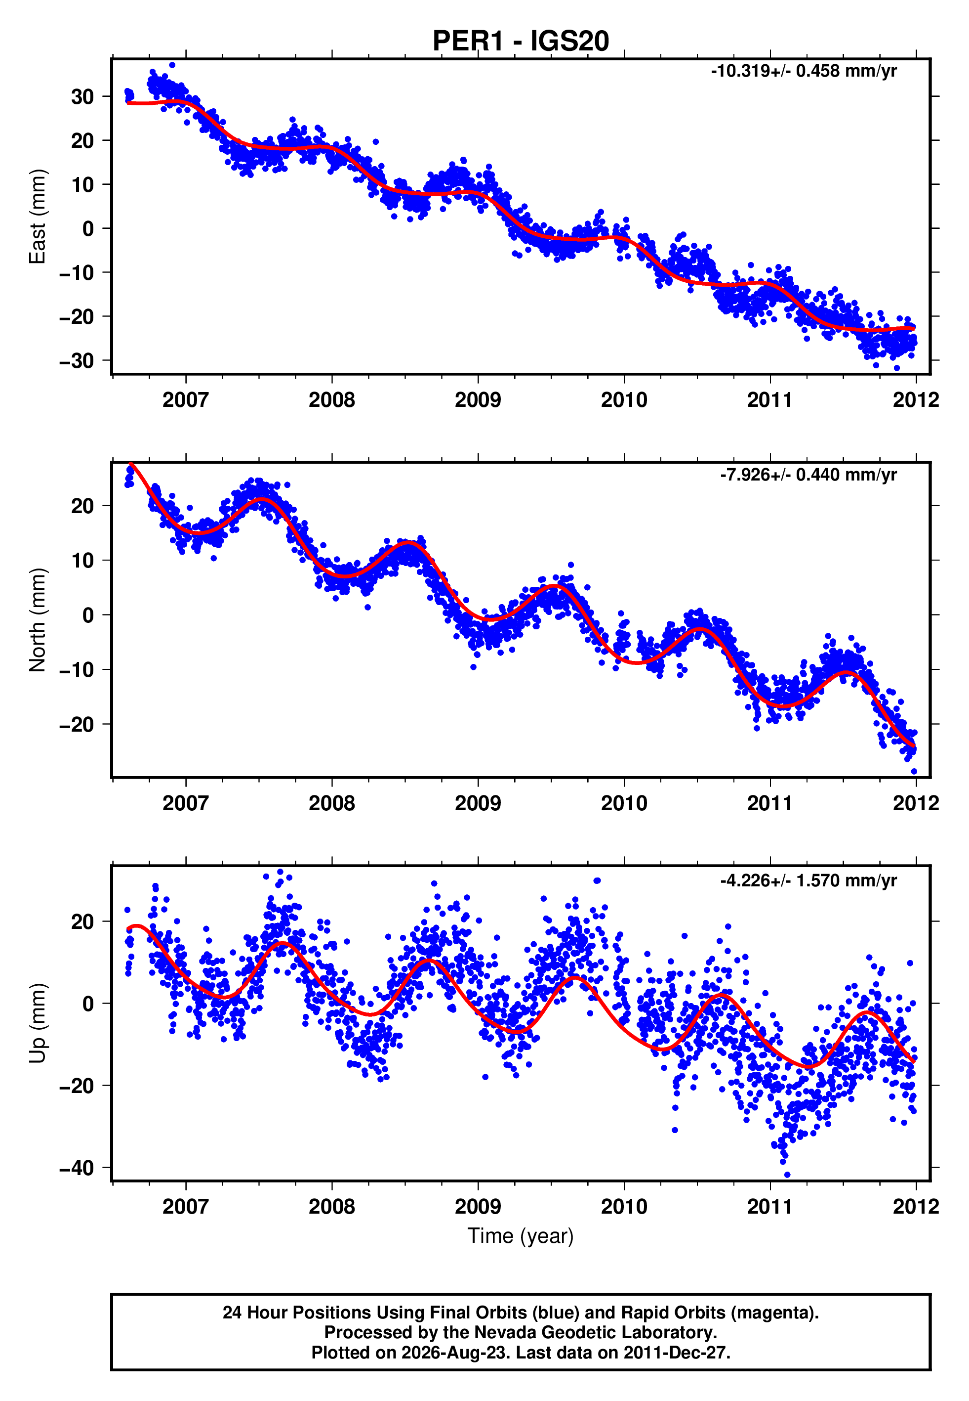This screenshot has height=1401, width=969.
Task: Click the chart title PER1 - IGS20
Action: point(521,42)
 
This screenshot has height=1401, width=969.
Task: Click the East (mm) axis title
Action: point(38,217)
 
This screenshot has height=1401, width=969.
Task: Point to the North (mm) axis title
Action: point(38,620)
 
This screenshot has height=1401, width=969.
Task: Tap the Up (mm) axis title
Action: point(38,1023)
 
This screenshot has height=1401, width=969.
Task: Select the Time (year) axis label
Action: point(521,1236)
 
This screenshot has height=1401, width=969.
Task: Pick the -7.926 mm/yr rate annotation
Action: point(808,475)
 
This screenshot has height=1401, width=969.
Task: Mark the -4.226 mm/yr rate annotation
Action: point(808,880)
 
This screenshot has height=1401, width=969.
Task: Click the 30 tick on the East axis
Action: point(82,96)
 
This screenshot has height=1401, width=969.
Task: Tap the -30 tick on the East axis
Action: point(77,361)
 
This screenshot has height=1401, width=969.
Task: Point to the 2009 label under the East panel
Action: point(478,400)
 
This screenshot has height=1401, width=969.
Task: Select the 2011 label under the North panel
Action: point(770,803)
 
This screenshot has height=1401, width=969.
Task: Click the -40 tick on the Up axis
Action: point(77,1168)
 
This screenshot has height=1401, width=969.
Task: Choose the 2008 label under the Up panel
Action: point(331,1207)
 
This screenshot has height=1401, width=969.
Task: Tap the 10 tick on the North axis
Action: point(82,560)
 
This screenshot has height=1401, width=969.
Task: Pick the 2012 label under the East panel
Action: point(916,400)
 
